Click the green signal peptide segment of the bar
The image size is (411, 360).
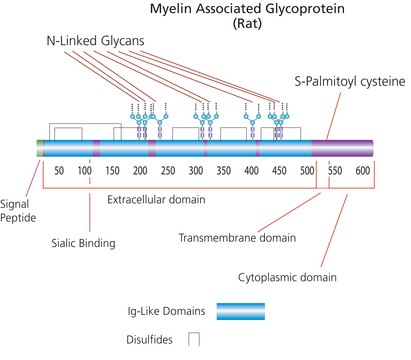39,150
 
